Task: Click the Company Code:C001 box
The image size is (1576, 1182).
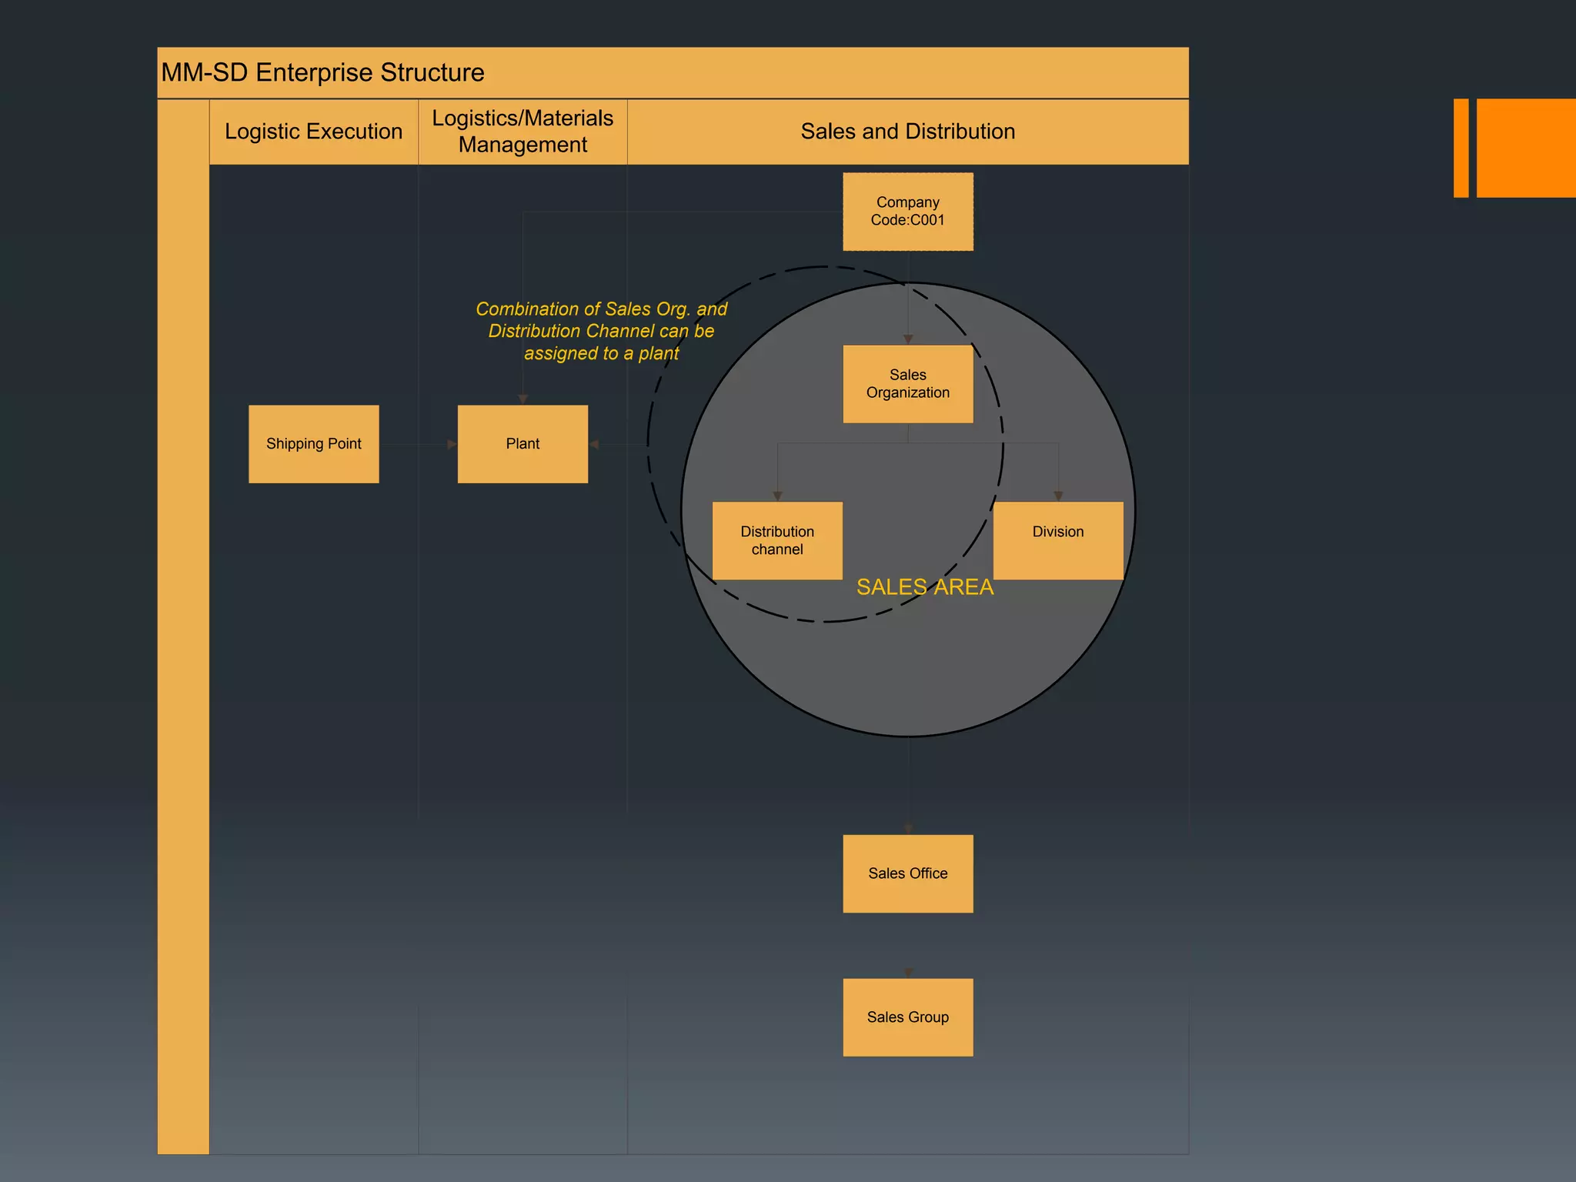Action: [x=907, y=212]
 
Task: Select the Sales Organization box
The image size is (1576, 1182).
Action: [x=907, y=384]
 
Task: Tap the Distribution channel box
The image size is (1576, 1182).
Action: [x=777, y=540]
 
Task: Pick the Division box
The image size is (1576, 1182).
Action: [x=1058, y=540]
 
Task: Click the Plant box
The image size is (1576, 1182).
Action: [x=523, y=444]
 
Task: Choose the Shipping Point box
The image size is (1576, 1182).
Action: [x=313, y=444]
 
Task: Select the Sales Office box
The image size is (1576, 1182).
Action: [x=907, y=873]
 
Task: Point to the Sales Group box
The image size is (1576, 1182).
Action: [x=907, y=1017]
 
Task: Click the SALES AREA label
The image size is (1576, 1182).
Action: [x=925, y=587]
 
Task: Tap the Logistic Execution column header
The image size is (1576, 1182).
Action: [x=313, y=132]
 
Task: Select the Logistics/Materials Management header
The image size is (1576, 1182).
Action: [x=523, y=132]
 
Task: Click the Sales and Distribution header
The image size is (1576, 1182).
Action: [x=907, y=132]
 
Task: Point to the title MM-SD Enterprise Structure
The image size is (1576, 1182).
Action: [x=322, y=72]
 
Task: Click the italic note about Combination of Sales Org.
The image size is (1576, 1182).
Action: [x=601, y=331]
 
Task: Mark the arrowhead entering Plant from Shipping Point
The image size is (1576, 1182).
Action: [x=452, y=444]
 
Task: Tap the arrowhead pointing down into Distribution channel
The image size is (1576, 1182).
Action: [x=777, y=496]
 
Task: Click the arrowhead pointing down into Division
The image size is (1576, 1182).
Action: [x=1058, y=496]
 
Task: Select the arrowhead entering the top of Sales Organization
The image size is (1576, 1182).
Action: [x=908, y=339]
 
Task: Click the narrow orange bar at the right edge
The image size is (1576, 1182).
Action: [x=1461, y=148]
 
